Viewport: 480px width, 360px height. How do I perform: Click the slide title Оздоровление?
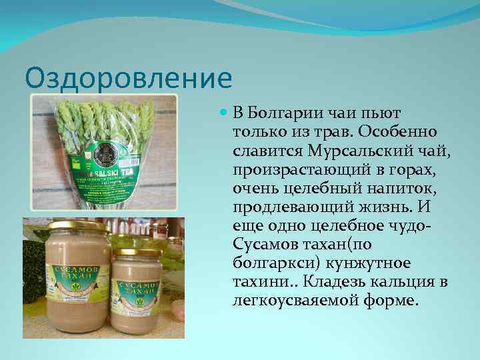pos(128,78)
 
